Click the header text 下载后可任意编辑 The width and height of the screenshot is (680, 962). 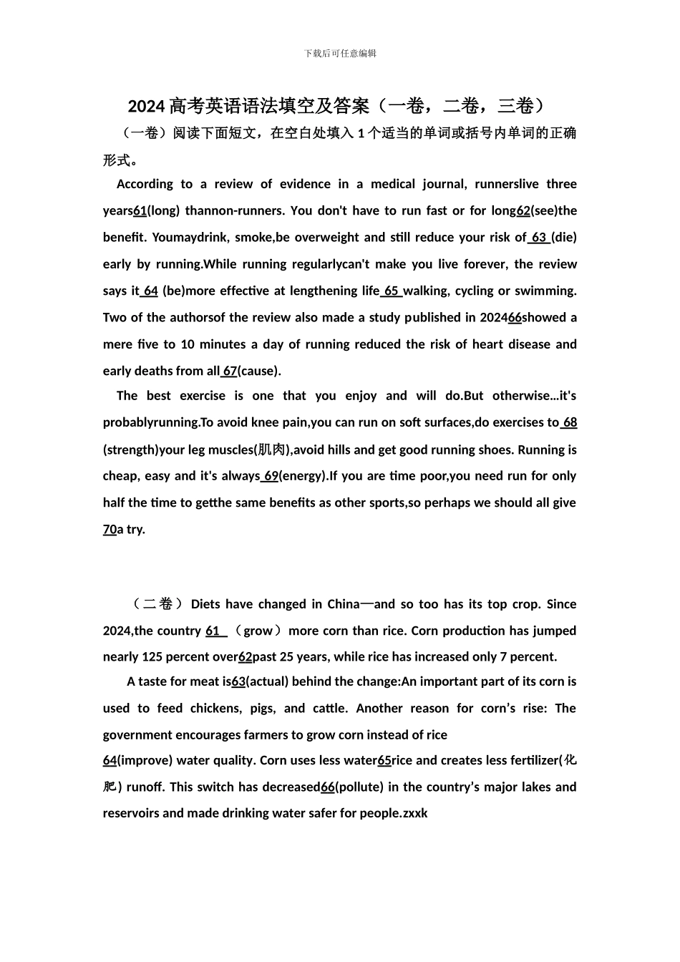[340, 53]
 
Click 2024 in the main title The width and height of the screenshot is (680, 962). [147, 107]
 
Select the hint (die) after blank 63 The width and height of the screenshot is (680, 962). [564, 237]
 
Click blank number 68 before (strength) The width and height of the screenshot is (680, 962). [569, 422]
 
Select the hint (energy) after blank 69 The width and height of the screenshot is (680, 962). [303, 476]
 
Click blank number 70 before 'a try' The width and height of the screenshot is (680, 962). [110, 530]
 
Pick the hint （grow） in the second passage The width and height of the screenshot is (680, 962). [258, 631]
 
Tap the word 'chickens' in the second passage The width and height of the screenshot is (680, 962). [215, 708]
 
